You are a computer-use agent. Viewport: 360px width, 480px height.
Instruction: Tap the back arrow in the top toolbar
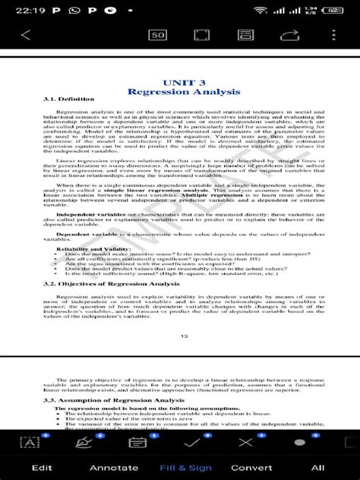point(26,35)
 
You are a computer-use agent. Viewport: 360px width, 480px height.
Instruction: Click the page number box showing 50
point(158,35)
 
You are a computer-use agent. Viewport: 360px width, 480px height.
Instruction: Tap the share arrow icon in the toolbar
point(289,35)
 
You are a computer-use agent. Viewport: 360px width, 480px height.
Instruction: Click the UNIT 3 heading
point(184,82)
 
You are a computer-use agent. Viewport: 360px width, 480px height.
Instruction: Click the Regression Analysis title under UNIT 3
point(184,92)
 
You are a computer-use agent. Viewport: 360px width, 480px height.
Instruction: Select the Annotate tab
point(114,468)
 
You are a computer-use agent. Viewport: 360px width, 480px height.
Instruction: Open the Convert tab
point(251,468)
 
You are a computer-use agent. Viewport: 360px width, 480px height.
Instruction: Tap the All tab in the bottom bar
point(317,468)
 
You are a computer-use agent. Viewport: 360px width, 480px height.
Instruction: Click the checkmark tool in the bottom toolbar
point(192,442)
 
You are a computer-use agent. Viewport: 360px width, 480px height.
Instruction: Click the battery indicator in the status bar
point(331,10)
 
